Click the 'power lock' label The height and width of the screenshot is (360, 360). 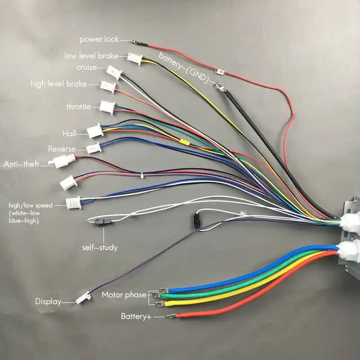tap(99, 40)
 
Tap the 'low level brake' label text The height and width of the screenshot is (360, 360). tap(91, 56)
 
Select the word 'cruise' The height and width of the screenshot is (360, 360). tap(86, 67)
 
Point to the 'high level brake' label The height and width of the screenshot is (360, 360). tap(58, 84)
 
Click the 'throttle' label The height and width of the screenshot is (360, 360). tap(79, 107)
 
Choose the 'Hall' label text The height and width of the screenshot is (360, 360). tap(69, 134)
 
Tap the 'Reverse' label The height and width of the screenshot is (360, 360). tap(62, 149)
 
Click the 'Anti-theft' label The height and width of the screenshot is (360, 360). tap(22, 165)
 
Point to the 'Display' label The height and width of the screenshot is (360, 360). tap(48, 301)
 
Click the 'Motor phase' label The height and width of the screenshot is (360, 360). tap(124, 295)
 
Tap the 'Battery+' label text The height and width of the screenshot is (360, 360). tap(136, 316)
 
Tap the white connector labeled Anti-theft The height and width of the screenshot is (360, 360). tap(61, 162)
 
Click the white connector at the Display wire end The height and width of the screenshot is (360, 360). tap(82, 298)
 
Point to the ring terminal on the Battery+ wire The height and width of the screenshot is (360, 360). tap(171, 317)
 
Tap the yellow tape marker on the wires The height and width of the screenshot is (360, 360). tap(184, 142)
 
